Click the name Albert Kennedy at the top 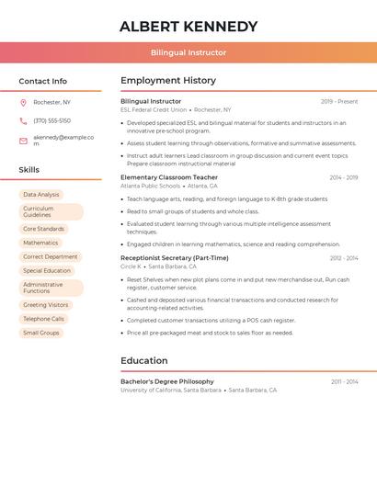(x=188, y=27)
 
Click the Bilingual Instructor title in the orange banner (x=188, y=52)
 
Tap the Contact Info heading (x=43, y=81)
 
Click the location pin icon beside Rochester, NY (x=23, y=102)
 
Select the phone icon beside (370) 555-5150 (x=23, y=120)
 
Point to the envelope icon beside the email (x=23, y=141)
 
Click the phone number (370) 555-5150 (x=51, y=120)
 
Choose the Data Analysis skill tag (x=41, y=195)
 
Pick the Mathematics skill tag (x=40, y=243)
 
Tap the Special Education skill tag (x=47, y=271)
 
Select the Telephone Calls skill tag (x=44, y=319)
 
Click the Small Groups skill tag (x=41, y=333)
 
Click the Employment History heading (x=168, y=81)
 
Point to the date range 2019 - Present (x=339, y=101)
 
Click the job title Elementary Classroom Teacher (x=169, y=177)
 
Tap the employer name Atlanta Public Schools (x=151, y=186)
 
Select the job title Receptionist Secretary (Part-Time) (x=175, y=258)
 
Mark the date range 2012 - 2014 (x=343, y=258)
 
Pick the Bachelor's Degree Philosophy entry (x=167, y=381)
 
